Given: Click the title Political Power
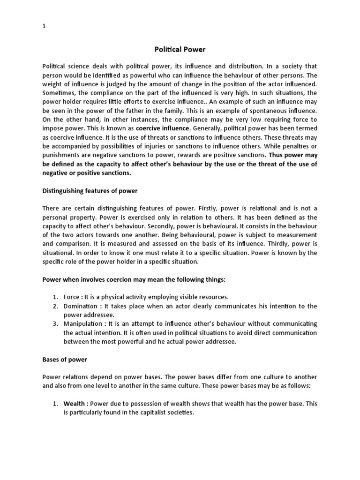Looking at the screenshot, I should [180, 49].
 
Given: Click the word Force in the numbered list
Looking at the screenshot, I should [71, 297].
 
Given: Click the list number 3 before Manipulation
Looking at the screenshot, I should [54, 324].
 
